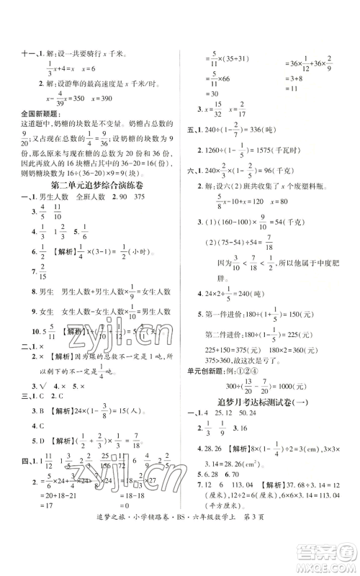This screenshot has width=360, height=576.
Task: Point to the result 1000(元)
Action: (295, 384)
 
